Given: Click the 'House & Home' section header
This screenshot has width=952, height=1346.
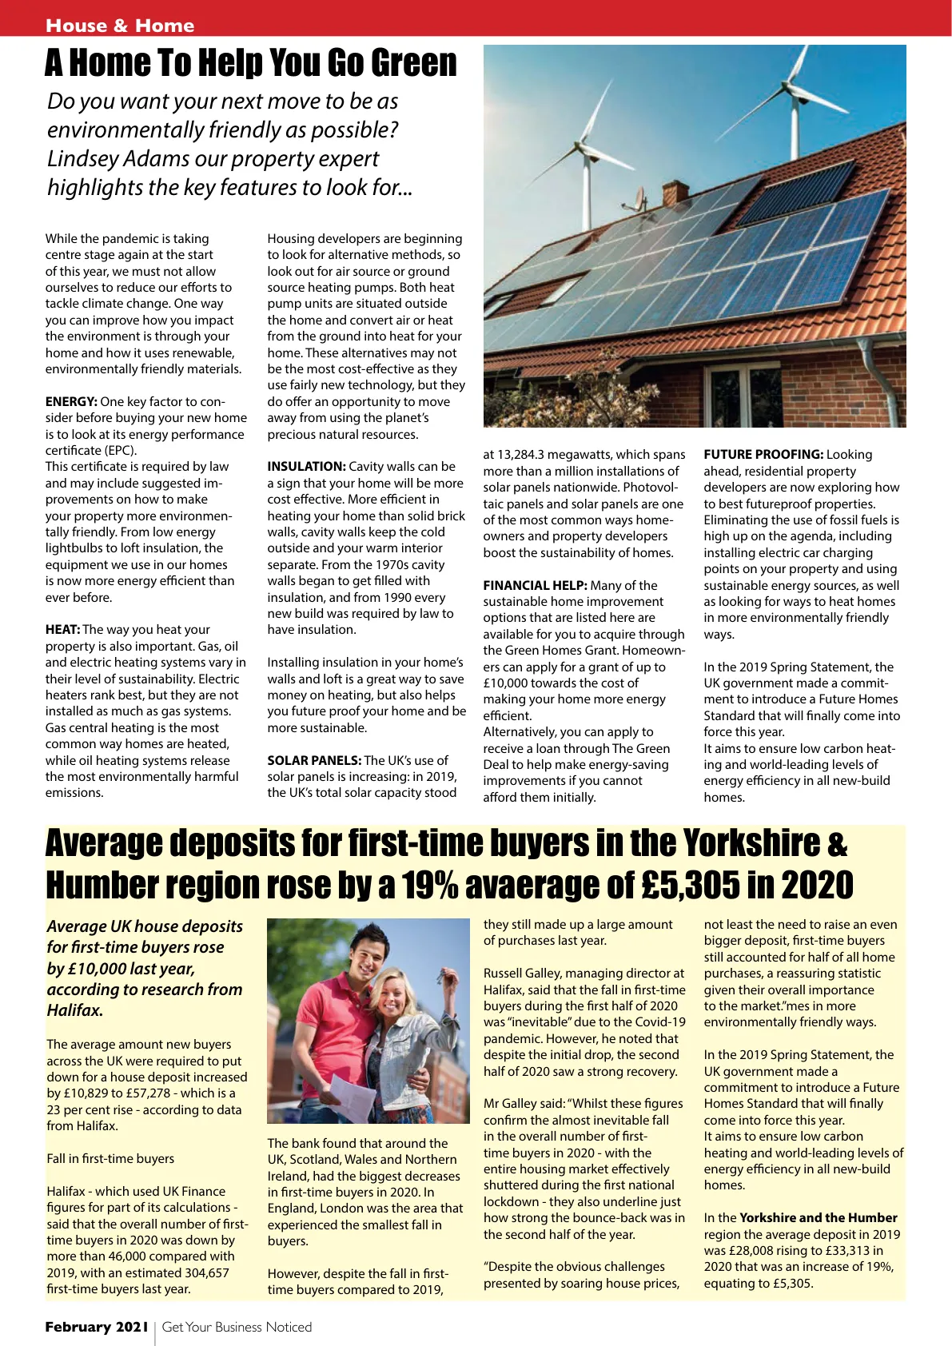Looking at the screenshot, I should tap(120, 26).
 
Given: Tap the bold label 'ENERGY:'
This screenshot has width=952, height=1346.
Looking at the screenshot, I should tap(71, 402).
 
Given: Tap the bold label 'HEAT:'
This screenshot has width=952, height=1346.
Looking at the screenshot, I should tap(62, 630).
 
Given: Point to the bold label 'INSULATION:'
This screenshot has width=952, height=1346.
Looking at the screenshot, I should tap(306, 467).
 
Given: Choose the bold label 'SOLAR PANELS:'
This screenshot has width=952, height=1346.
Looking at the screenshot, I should tap(314, 761).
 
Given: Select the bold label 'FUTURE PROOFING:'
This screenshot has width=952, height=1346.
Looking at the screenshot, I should tap(763, 455).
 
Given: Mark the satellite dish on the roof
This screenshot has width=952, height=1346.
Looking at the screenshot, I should tap(639, 197).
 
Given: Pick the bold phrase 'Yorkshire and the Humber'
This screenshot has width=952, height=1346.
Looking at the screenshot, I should tap(818, 1218).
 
